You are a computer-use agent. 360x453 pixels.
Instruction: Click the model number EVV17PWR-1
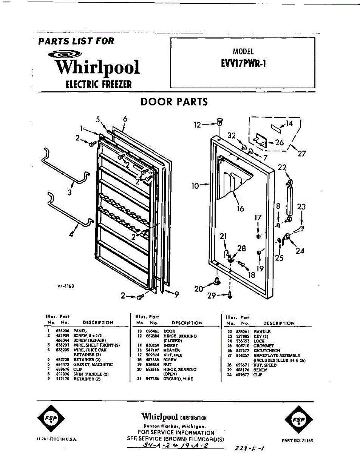pyautogui.click(x=243, y=63)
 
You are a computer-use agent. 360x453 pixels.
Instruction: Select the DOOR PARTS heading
pyautogui.click(x=174, y=102)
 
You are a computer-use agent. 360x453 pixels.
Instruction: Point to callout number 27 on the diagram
pyautogui.click(x=301, y=153)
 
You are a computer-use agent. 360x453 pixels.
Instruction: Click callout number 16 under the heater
pyautogui.click(x=240, y=208)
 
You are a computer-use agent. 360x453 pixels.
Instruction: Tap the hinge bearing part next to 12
pyautogui.click(x=219, y=122)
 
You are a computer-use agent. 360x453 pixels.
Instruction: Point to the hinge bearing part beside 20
pyautogui.click(x=217, y=281)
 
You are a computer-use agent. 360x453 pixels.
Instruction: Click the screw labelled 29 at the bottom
pyautogui.click(x=230, y=295)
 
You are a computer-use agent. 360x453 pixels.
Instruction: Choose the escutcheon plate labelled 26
pyautogui.click(x=260, y=140)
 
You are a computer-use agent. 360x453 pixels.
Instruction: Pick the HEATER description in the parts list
pyautogui.click(x=172, y=350)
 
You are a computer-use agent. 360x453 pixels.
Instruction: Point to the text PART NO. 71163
pyautogui.click(x=297, y=441)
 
